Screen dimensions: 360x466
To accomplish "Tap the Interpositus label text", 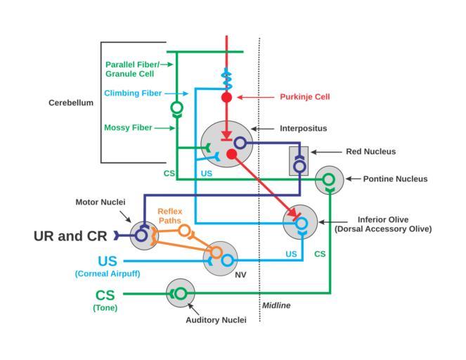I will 303,129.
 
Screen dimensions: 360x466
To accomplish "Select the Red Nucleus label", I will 370,151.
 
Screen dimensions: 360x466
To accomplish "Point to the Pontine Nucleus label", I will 395,179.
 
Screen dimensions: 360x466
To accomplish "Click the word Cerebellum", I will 70,103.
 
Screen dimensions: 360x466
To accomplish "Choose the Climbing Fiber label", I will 133,94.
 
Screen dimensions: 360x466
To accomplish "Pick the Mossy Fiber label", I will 128,128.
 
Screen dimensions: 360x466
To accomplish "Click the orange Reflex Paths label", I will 169,216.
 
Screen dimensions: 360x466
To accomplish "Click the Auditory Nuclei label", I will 216,320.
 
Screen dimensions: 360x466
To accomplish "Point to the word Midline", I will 276,306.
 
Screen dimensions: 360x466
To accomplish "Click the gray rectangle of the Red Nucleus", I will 299,161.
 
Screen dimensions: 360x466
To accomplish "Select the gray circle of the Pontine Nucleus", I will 329,181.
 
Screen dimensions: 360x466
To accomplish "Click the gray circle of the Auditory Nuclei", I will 180,292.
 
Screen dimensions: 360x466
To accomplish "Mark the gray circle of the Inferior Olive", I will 300,223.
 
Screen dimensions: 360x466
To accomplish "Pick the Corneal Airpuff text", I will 107,274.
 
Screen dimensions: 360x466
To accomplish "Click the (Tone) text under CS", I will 105,308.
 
